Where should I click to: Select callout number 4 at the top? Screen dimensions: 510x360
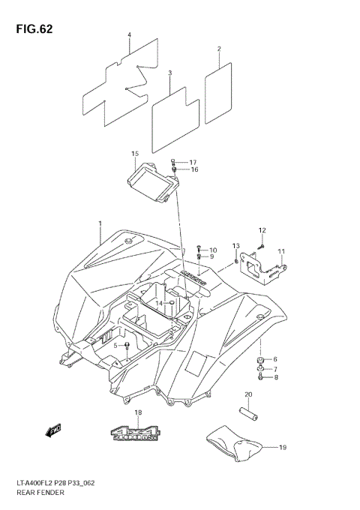(129, 35)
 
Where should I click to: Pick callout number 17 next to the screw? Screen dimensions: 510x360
(192, 162)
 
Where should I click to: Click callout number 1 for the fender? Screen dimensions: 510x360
(99, 223)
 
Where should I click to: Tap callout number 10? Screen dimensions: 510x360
(212, 250)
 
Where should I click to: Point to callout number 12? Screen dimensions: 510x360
(262, 230)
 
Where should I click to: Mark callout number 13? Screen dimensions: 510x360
(235, 246)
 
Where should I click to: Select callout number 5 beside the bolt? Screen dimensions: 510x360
(116, 346)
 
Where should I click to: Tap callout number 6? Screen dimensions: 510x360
(274, 359)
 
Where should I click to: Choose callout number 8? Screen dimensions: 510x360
(274, 378)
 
